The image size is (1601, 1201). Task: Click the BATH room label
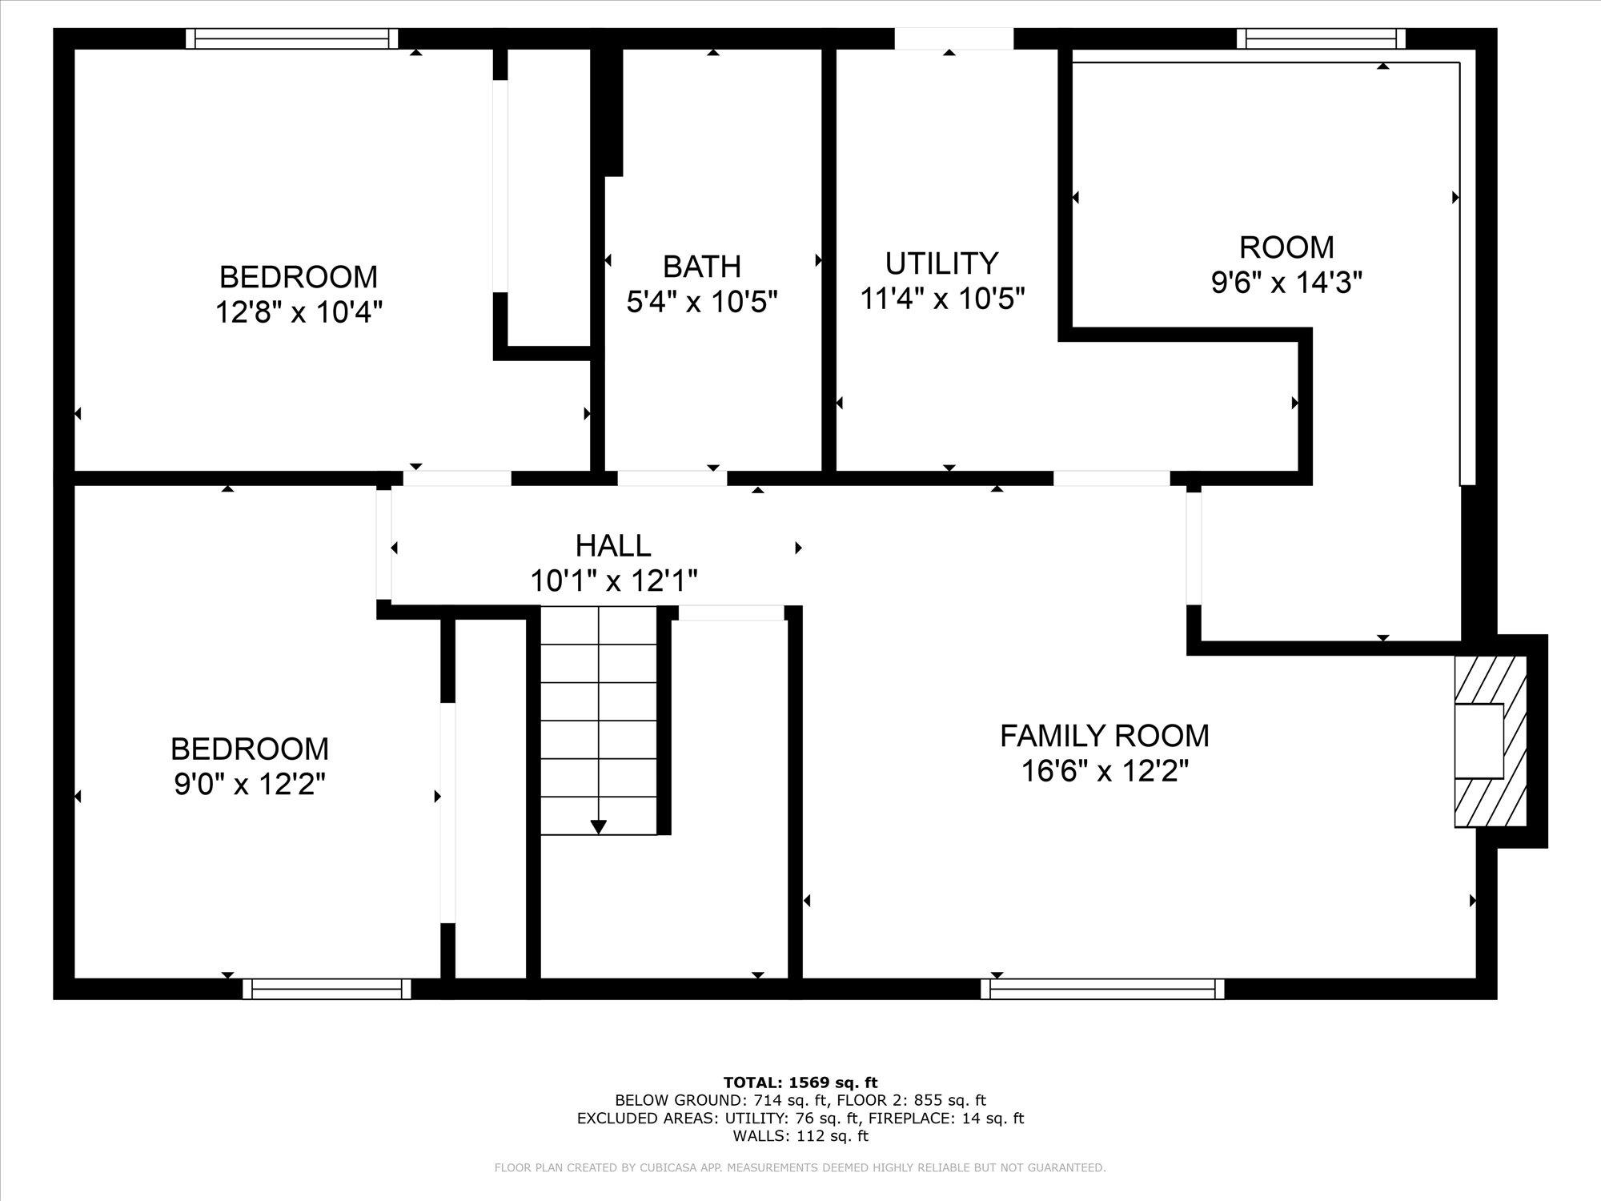701,266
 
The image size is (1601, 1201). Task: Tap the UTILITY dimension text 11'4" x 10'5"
942,299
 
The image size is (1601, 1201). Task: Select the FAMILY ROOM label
1104,735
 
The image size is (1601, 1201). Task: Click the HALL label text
613,546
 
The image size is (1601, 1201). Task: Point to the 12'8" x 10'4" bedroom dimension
299,311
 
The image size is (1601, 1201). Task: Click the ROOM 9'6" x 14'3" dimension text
1286,282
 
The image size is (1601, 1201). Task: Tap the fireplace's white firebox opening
1479,741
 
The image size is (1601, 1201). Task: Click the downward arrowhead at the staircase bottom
598,827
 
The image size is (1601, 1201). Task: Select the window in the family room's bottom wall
1102,990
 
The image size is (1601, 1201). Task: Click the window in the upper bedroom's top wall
292,38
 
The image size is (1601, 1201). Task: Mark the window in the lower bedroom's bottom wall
327,990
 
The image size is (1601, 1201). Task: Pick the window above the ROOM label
1321,38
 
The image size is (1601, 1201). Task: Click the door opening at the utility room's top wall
953,38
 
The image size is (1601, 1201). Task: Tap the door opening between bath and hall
672,479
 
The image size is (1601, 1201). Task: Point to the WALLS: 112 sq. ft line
800,1135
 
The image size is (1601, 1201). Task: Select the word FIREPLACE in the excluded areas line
903,1119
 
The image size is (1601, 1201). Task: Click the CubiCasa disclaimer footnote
800,1168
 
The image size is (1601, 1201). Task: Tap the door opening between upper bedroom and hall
457,479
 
